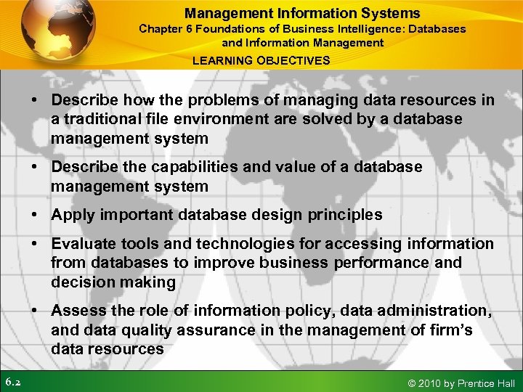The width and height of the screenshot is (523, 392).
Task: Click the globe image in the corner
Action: [51, 33]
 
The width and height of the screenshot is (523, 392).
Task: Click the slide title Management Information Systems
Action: [302, 13]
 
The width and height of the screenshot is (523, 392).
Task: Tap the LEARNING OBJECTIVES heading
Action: [261, 60]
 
